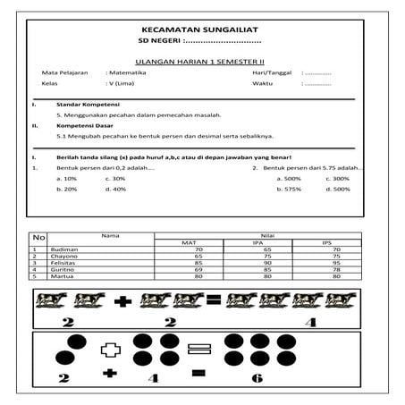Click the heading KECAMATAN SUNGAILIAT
[x=201, y=29]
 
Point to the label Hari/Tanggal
[x=271, y=72]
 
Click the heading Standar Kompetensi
[x=77, y=105]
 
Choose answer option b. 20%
[x=66, y=189]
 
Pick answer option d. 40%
[x=115, y=189]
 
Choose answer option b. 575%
[x=290, y=189]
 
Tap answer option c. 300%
[x=338, y=178]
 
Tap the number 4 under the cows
[x=308, y=322]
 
